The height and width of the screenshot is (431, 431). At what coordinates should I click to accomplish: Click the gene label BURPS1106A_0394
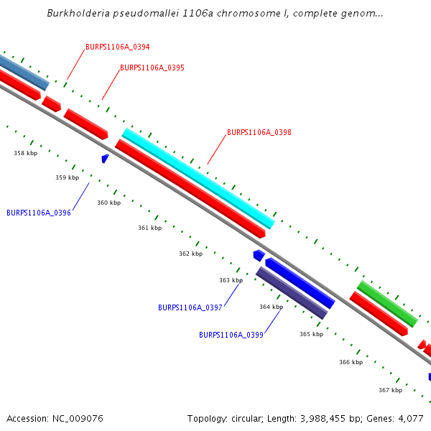tap(117, 47)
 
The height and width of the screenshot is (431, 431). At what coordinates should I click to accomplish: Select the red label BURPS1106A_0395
tap(152, 68)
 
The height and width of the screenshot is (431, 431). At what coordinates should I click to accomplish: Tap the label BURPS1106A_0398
tap(259, 133)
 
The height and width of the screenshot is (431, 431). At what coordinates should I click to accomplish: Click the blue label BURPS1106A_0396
tap(39, 213)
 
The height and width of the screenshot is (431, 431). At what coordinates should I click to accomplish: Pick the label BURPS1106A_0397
tap(190, 307)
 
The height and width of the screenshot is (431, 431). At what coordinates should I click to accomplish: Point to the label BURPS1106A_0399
tap(231, 335)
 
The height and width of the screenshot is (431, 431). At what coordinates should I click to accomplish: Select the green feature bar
tap(387, 304)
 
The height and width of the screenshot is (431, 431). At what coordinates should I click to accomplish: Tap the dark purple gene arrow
tap(292, 293)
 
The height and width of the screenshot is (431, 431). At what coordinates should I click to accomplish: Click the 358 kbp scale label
tap(25, 154)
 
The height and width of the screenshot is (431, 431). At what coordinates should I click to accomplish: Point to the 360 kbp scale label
tap(109, 203)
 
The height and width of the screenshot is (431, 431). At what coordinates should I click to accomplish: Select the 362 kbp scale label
tap(190, 254)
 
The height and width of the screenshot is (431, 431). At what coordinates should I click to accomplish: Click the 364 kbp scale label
tap(271, 307)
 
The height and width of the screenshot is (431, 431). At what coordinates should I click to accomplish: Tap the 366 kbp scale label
tap(351, 363)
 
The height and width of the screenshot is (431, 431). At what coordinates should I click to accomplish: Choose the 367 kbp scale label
tap(390, 391)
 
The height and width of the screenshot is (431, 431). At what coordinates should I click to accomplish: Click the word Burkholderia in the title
tap(75, 14)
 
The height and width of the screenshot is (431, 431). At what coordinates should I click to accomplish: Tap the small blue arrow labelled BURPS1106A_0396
tap(105, 158)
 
